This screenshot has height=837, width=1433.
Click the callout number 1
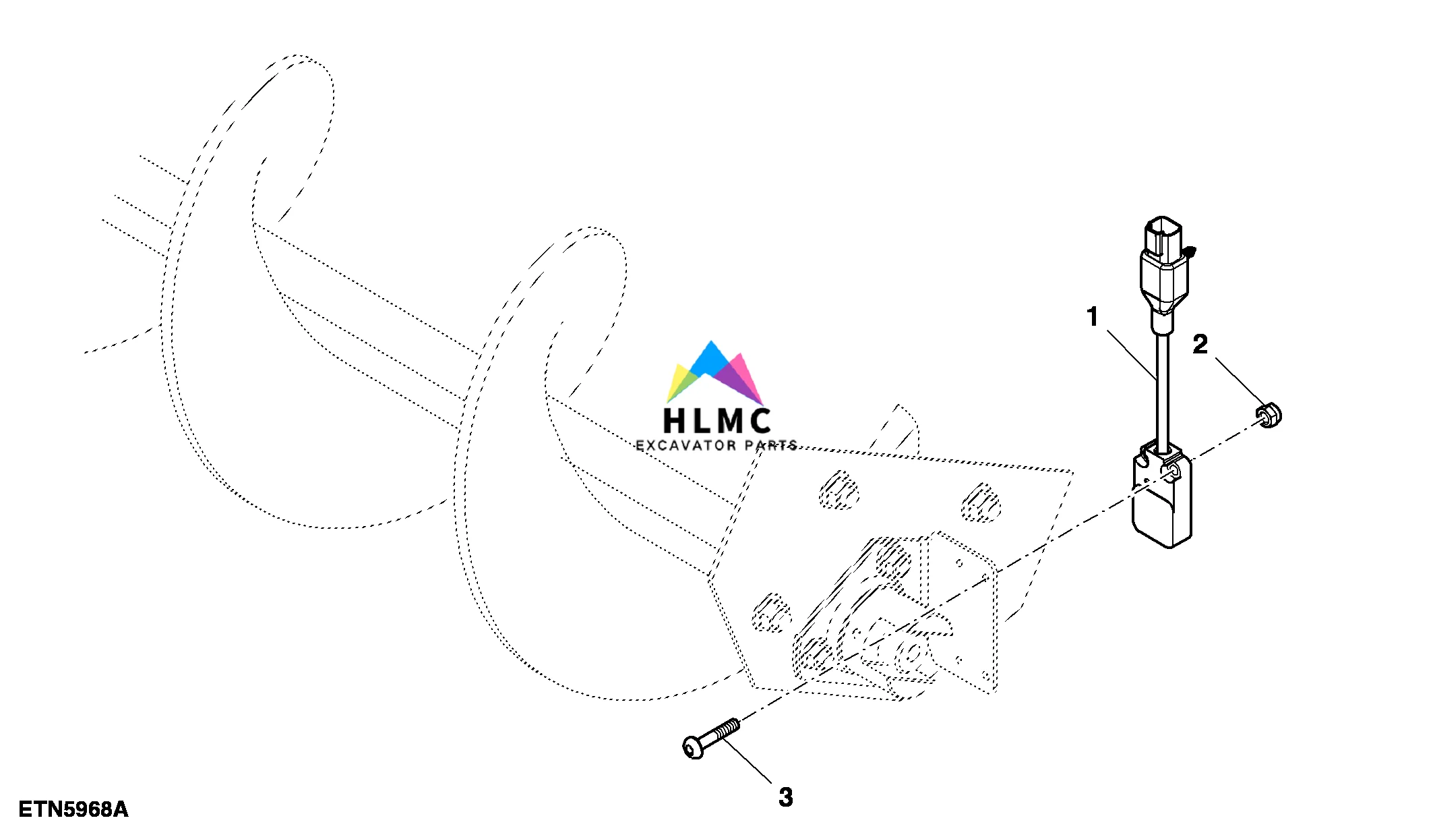tap(1093, 316)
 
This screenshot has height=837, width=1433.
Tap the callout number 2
tap(1200, 345)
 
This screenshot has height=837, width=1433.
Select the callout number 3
tap(785, 797)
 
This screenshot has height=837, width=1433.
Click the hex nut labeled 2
tap(1269, 415)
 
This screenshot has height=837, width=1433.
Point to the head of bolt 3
tap(694, 747)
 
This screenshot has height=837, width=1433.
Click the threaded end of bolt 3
tap(727, 730)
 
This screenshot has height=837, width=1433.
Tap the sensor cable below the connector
tap(1163, 391)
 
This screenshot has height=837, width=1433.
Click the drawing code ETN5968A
tap(73, 809)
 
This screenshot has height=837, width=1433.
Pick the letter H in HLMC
tap(675, 421)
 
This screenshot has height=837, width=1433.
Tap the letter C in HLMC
tap(759, 421)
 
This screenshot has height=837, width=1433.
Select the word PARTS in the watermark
tap(771, 445)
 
